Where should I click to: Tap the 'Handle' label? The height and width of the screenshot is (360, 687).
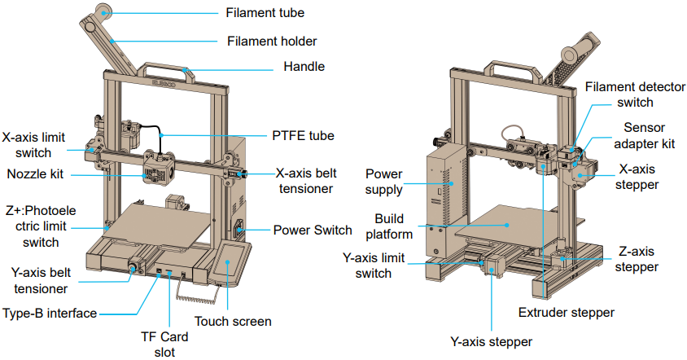coord(304,67)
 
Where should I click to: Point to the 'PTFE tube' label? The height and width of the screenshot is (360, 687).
coord(302,135)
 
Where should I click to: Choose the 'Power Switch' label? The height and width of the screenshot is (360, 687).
coord(313,229)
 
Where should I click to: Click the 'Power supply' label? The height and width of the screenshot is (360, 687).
coord(384,182)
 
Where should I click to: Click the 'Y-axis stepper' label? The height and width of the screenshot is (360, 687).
coord(492,341)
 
